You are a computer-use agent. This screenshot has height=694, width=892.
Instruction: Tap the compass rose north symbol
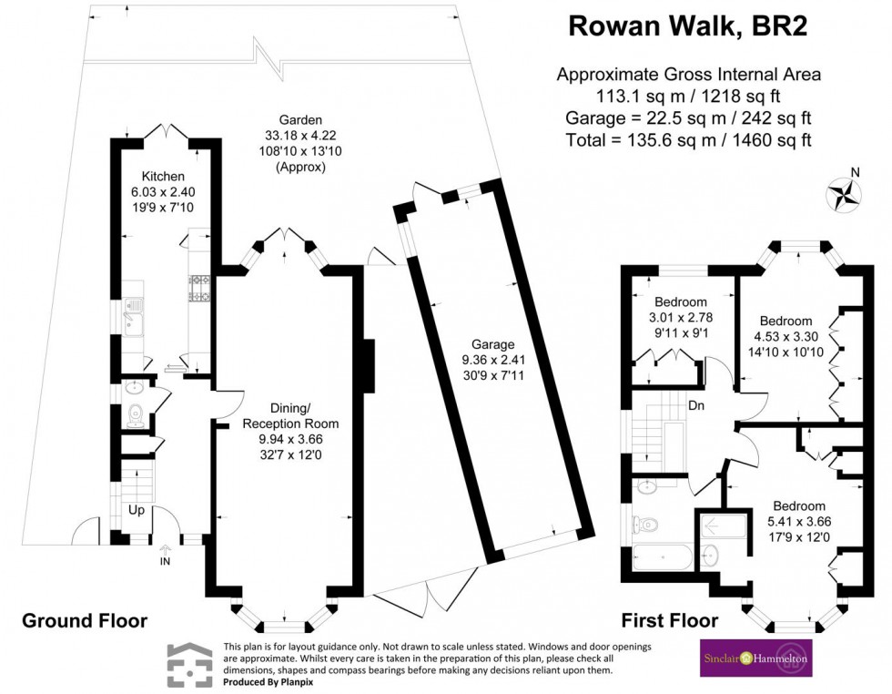[x=844, y=192]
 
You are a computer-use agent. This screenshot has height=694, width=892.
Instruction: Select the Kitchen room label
[x=163, y=176]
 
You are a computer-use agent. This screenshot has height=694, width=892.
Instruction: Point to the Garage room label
[x=493, y=344]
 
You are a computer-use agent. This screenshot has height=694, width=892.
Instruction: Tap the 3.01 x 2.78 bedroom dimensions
[x=681, y=318]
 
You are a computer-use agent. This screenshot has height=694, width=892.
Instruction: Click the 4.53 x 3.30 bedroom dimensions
[x=786, y=337]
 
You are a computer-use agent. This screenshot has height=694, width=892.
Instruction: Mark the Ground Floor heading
[x=85, y=621]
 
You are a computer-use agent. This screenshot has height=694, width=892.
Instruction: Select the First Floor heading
[x=669, y=621]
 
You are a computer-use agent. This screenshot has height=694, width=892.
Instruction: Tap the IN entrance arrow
[x=165, y=555]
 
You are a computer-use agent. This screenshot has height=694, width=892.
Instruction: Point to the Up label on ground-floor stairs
[x=136, y=510]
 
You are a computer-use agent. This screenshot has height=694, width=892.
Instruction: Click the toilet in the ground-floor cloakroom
[x=135, y=415]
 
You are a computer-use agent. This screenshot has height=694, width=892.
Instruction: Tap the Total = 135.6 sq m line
[x=688, y=140]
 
